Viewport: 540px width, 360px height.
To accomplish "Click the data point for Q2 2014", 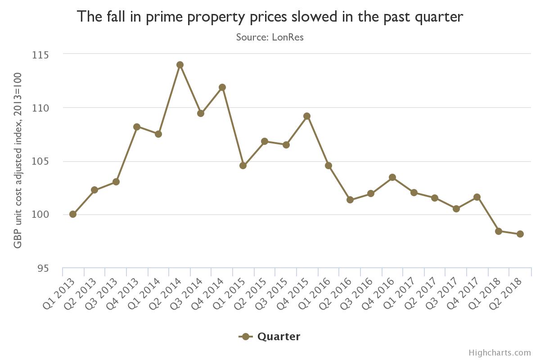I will click(180, 65).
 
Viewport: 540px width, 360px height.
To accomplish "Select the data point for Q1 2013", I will click(73, 214).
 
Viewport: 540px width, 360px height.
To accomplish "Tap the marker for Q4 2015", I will click(307, 116).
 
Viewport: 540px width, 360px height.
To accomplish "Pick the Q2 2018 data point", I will click(520, 234).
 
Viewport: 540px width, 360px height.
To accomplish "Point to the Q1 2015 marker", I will click(243, 166).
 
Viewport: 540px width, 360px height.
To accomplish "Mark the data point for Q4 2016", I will click(392, 177).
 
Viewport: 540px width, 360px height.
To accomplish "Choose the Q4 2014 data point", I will click(222, 87).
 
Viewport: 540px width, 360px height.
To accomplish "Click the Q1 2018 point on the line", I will click(499, 231).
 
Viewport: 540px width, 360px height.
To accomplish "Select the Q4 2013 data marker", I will click(137, 127).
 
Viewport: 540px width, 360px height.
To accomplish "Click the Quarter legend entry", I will click(270, 337).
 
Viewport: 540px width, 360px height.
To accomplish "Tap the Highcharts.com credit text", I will click(499, 353).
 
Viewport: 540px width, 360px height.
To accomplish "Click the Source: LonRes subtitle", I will click(270, 37).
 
